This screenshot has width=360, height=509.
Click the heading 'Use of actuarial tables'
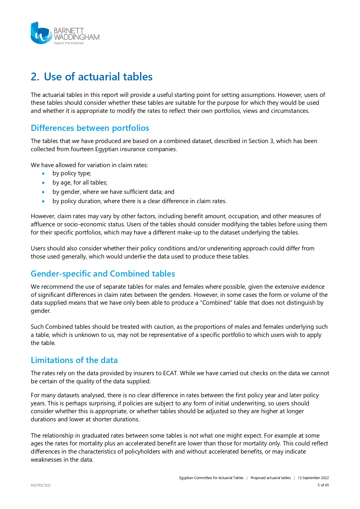[98, 77]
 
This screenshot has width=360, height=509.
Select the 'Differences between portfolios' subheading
[90, 128]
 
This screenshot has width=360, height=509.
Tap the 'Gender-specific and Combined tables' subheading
[103, 274]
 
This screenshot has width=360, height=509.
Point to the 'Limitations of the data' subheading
[74, 360]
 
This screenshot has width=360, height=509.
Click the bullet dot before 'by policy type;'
[43, 174]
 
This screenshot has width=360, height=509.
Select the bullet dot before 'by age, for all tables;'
[43, 183]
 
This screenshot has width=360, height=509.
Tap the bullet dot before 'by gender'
[43, 192]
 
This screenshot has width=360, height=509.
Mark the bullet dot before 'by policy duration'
[43, 201]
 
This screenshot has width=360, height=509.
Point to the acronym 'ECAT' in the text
[170, 373]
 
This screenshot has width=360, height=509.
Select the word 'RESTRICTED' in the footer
[41, 485]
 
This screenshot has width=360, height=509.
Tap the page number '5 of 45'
[323, 485]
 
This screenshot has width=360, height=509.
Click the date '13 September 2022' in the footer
[313, 478]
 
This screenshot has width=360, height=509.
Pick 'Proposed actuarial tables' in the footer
[270, 478]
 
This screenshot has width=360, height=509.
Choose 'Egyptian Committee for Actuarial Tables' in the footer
[211, 478]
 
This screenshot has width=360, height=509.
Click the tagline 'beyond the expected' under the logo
[69, 43]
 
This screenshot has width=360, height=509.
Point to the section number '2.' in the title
[35, 77]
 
